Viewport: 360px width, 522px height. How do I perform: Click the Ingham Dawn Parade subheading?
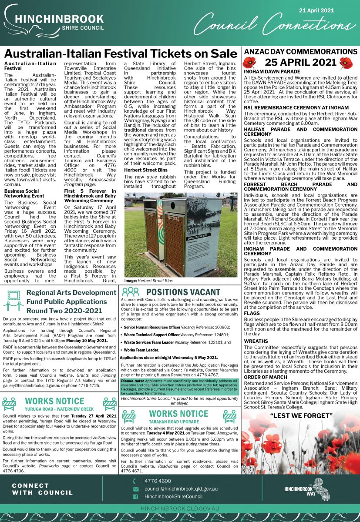[x=272, y=71]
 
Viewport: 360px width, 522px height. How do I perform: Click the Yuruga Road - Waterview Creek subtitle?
[x=59, y=409]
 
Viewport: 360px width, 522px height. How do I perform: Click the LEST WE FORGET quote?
[x=300, y=415]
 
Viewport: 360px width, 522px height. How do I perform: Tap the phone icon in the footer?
[x=135, y=481]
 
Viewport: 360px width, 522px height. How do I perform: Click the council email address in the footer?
[x=181, y=489]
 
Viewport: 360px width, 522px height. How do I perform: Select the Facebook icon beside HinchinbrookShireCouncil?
[x=135, y=497]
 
